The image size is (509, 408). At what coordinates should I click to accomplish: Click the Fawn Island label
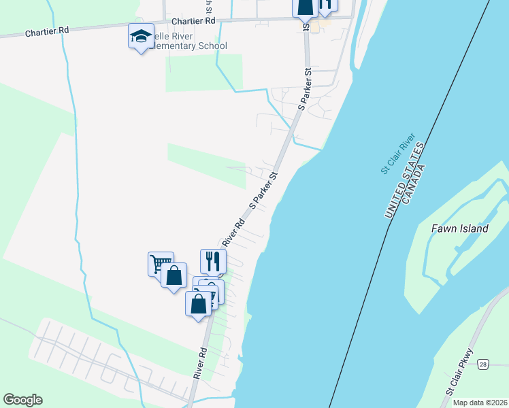(x=459, y=228)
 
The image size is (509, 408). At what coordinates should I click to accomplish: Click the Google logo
(x=22, y=400)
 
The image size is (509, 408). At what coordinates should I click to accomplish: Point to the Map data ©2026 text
(x=480, y=403)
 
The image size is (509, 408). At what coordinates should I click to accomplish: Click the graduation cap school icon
(x=140, y=36)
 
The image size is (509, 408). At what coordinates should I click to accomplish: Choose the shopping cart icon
(x=161, y=263)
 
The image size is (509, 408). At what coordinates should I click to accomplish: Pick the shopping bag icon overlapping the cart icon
(x=174, y=275)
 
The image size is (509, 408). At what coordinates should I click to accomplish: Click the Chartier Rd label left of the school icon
(x=46, y=31)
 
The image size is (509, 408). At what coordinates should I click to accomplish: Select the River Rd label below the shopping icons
(x=199, y=364)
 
